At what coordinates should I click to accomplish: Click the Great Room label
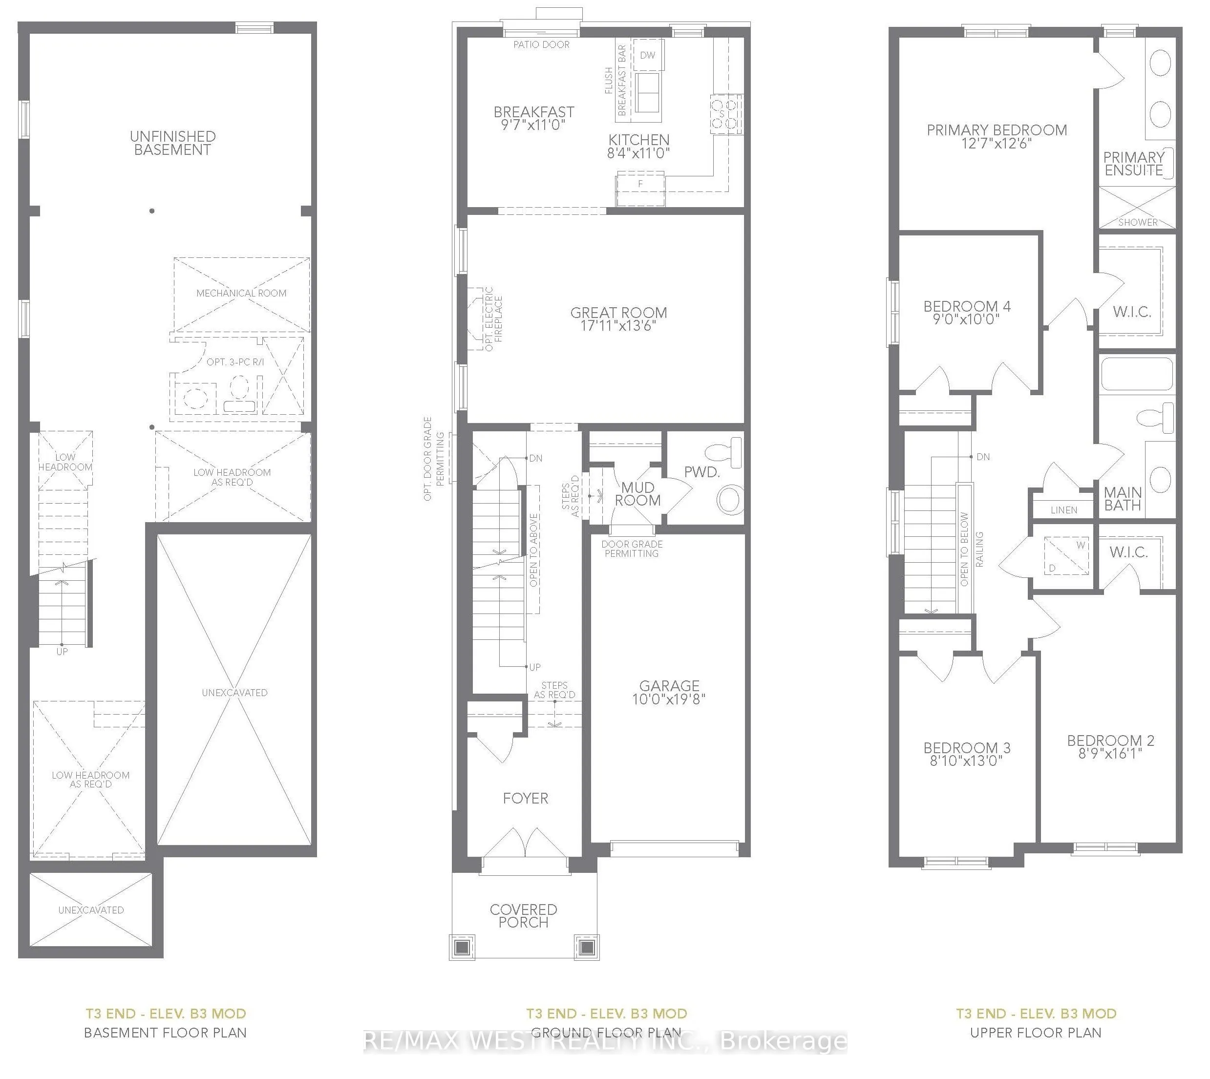[x=618, y=313]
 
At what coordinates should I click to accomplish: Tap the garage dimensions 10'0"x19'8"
[x=669, y=699]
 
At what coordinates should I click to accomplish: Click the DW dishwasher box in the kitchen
[x=647, y=55]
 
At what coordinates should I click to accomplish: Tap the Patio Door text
[x=541, y=44]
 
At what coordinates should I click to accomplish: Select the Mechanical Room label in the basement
[x=241, y=293]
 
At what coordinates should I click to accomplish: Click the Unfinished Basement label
[x=172, y=143]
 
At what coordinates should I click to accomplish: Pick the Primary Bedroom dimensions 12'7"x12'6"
[x=997, y=144]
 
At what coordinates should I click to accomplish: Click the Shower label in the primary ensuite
[x=1138, y=222]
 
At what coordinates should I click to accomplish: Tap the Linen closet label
[x=1063, y=510]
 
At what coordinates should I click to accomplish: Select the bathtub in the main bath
[x=1137, y=374]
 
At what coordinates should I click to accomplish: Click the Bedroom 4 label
[x=966, y=307]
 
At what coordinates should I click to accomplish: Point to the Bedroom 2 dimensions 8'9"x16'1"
[x=1110, y=754]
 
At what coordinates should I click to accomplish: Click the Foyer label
[x=525, y=799]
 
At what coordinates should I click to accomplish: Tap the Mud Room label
[x=637, y=494]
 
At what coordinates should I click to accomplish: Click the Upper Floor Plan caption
[x=1036, y=1033]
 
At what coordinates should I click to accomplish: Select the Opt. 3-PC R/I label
[x=235, y=361]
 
